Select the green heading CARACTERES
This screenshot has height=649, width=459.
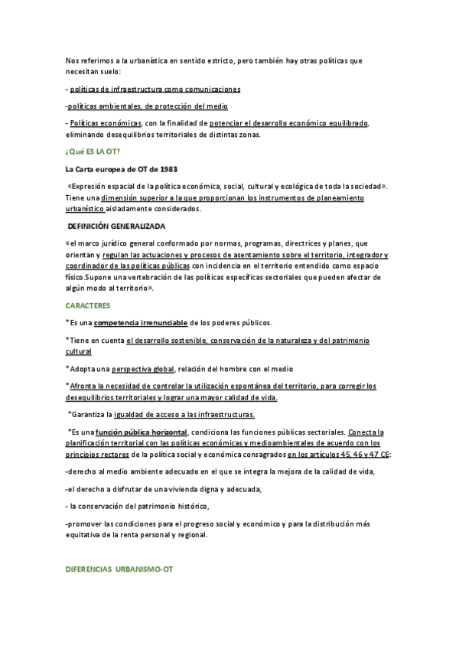point(86,305)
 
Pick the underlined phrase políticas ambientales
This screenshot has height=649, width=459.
point(103,106)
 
